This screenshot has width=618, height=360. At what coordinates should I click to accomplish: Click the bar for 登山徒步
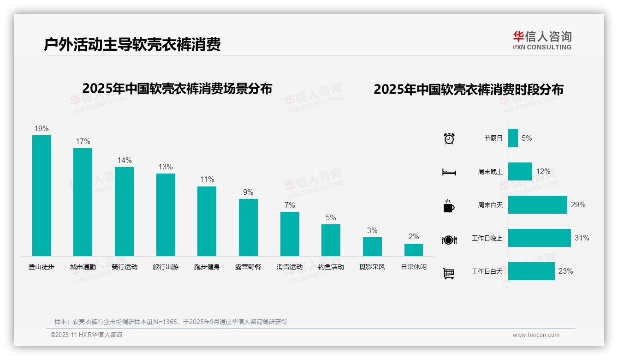click(42, 195)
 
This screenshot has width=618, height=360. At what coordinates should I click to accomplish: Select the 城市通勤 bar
click(83, 202)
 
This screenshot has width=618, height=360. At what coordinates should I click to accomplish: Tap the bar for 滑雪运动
click(290, 234)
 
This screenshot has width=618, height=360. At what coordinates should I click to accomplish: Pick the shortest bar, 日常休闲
click(414, 250)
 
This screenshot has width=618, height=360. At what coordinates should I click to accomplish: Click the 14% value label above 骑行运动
click(124, 161)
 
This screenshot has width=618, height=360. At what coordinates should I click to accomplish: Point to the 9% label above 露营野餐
click(248, 192)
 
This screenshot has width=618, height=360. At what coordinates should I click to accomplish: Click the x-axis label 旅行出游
click(166, 267)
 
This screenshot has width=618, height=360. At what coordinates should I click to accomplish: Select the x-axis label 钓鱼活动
click(331, 267)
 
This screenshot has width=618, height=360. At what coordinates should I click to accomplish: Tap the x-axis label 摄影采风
click(372, 267)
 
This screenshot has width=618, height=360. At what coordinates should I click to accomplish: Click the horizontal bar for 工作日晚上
click(539, 238)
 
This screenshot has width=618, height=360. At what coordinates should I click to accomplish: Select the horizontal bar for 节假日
click(513, 138)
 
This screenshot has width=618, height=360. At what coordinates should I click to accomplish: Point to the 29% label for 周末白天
click(578, 204)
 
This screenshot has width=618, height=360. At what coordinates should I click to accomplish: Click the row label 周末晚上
click(490, 172)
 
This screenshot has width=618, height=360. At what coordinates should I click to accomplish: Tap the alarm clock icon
click(449, 138)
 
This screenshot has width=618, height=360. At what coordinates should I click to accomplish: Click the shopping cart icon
click(449, 274)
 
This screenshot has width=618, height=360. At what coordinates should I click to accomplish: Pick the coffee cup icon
click(449, 206)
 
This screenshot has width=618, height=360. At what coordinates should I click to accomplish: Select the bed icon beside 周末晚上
click(449, 172)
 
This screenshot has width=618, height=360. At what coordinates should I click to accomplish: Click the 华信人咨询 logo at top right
click(542, 40)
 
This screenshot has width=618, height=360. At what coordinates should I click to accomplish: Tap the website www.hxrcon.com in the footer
click(536, 335)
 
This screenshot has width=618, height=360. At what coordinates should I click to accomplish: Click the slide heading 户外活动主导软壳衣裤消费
click(132, 44)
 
